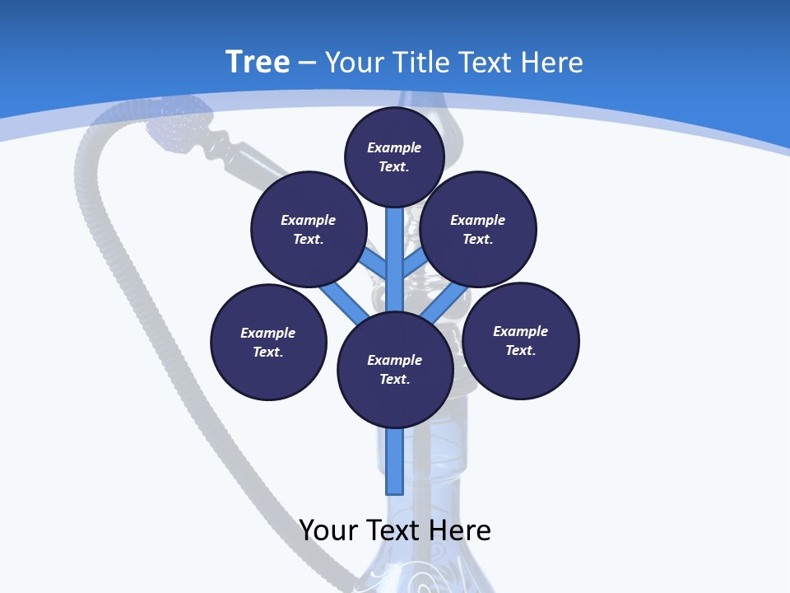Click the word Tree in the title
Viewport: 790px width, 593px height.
point(258,62)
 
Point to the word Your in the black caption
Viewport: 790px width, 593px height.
point(329,530)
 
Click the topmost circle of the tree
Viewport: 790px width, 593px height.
point(394,156)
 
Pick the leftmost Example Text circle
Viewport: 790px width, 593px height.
point(268,342)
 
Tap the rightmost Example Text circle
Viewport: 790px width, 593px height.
point(520,340)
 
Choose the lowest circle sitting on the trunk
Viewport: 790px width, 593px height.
point(395,369)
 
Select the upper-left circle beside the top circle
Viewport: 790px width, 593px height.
point(309,229)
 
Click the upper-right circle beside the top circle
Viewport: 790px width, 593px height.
point(478,229)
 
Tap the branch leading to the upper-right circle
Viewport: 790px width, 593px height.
point(414,264)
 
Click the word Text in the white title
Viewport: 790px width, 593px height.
point(486,63)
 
